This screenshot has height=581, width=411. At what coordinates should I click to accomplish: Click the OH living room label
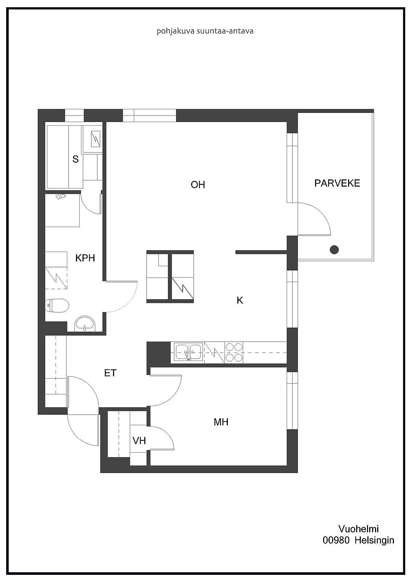[198, 185]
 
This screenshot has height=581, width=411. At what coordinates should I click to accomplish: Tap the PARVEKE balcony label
[337, 183]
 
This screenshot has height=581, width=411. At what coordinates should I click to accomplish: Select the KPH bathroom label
[85, 258]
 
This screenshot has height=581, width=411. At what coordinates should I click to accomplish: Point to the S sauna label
[76, 159]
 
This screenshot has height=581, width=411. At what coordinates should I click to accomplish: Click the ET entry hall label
[110, 373]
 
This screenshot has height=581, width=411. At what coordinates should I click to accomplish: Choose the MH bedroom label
[221, 422]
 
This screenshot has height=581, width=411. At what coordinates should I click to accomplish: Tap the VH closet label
[139, 441]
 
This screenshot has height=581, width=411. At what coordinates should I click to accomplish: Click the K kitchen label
[239, 300]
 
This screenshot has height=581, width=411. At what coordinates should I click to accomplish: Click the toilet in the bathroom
[57, 305]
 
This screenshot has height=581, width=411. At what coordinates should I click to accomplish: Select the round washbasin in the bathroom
[85, 324]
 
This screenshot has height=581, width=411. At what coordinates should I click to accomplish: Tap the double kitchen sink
[189, 352]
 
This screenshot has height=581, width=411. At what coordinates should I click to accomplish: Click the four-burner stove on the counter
[234, 352]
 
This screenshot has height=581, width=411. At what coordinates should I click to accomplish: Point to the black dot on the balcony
[334, 249]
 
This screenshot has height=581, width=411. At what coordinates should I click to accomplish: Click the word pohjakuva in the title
[176, 31]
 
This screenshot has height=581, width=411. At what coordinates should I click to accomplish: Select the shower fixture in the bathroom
[60, 196]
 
